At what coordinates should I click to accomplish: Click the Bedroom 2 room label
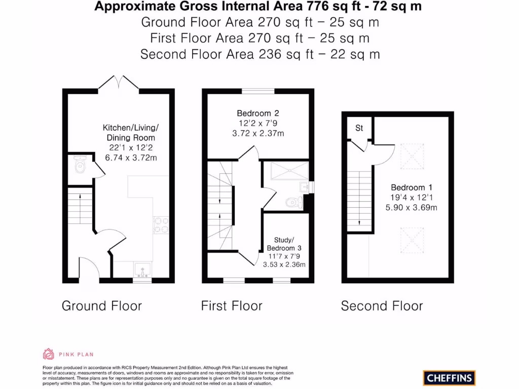[257, 113]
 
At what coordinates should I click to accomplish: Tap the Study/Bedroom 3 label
[284, 244]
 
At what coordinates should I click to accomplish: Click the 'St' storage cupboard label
[359, 128]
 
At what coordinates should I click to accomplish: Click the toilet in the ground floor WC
[80, 166]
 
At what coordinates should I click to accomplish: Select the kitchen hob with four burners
[161, 224]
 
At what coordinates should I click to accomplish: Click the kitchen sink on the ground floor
[141, 269]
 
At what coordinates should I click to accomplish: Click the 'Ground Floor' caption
[102, 306]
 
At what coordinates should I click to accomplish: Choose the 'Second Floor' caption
[382, 306]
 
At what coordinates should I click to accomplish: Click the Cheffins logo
[449, 377]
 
